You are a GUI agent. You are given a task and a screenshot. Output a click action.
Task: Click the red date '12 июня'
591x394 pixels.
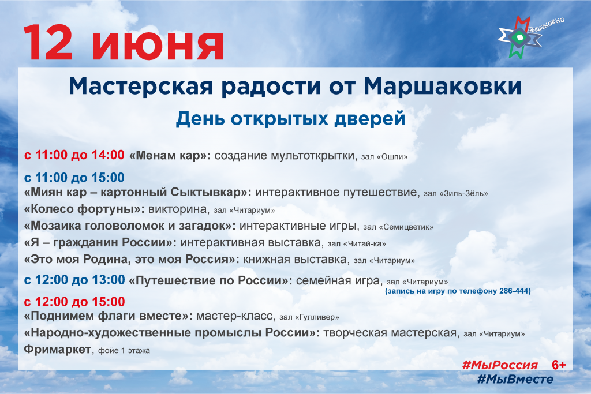tap(124, 43)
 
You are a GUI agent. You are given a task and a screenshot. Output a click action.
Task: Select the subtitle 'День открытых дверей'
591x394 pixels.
tap(290, 118)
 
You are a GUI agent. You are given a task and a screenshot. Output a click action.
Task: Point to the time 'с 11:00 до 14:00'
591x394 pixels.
tap(74, 155)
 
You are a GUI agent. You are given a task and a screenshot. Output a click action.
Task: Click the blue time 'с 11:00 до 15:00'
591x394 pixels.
tap(74, 178)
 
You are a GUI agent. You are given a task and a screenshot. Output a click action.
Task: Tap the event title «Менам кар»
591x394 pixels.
tap(170, 155)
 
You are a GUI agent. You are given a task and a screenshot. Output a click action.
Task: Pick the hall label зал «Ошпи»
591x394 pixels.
tap(384, 157)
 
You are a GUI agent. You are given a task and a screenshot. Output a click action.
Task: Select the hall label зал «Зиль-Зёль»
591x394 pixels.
tap(456, 193)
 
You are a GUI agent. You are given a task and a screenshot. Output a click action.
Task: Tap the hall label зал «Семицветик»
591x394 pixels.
tap(398, 227)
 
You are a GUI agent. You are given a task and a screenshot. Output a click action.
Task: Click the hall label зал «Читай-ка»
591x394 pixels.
tap(357, 243)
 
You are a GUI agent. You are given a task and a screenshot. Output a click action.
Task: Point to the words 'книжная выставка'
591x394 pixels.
tap(295, 259)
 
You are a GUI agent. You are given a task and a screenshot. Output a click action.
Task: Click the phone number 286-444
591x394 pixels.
tap(515, 291)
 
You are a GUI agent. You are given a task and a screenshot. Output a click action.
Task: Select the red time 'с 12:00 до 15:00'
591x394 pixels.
tap(74, 302)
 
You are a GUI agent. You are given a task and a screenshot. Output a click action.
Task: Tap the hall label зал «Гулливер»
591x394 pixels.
tap(309, 317)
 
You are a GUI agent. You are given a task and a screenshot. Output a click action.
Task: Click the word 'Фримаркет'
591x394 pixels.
tap(58, 349)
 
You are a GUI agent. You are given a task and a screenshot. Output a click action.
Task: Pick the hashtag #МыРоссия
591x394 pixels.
tap(500, 365)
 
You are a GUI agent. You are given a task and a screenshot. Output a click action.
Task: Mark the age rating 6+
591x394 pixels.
tap(559, 365)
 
